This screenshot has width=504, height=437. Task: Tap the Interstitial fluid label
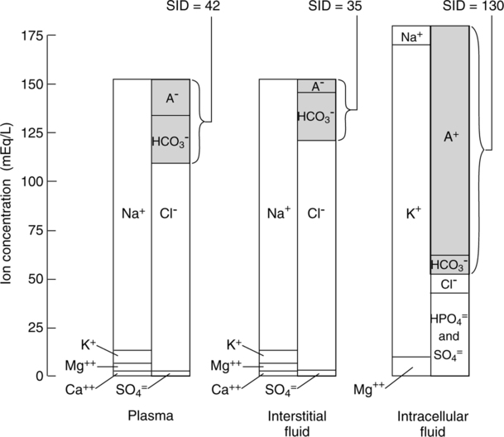[298, 417]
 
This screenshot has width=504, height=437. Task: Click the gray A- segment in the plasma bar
[170, 98]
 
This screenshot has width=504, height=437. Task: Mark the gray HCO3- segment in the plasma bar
[170, 139]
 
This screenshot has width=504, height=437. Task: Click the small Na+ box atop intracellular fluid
[410, 36]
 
